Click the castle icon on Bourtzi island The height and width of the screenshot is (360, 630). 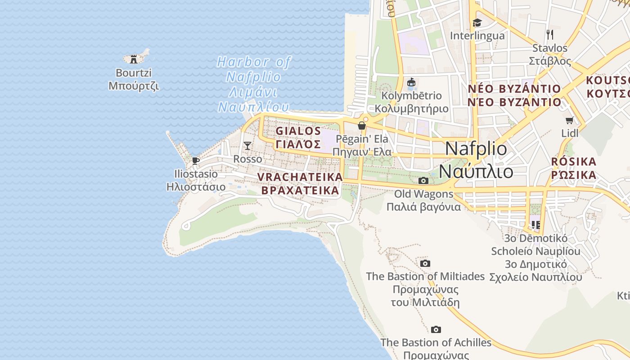(x=134, y=59)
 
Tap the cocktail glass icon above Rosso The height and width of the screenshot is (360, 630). (x=247, y=145)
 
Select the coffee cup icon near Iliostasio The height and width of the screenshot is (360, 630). (x=195, y=161)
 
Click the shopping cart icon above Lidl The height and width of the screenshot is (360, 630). (x=569, y=120)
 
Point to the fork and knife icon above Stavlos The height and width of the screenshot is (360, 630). (x=549, y=35)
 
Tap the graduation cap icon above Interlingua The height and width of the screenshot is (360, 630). (x=477, y=22)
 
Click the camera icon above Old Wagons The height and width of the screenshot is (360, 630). (x=423, y=180)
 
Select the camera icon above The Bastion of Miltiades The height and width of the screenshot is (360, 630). (x=425, y=263)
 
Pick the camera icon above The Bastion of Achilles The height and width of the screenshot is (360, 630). (x=436, y=329)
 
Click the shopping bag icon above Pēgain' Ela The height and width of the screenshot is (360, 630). (x=361, y=126)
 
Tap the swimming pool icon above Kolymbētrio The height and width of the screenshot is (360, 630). (x=411, y=82)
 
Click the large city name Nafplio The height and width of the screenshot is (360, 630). (x=476, y=149)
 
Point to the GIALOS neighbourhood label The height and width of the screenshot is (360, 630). (x=298, y=131)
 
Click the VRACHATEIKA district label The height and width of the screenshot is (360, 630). (x=300, y=177)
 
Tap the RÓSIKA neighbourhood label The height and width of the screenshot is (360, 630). (x=574, y=162)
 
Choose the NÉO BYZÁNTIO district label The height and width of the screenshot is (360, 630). (x=514, y=89)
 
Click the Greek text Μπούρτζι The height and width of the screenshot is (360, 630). (x=134, y=85)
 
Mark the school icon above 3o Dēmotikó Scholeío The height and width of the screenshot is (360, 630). (x=535, y=224)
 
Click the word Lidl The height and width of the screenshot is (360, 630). (x=570, y=133)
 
